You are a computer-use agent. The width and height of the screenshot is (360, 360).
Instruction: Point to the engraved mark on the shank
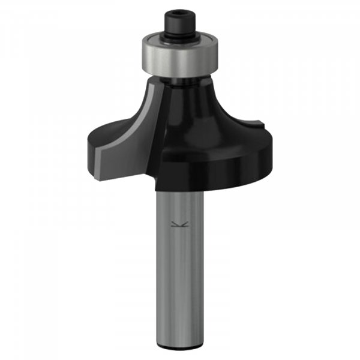coord(177,225)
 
